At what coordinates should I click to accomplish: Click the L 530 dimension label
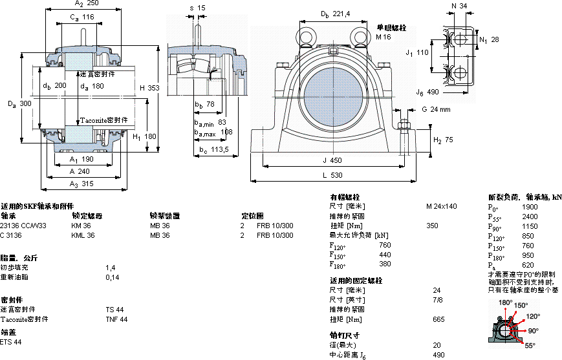tap(332, 175)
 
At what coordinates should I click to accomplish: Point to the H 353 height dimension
tap(149, 87)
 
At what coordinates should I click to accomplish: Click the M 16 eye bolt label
tap(384, 37)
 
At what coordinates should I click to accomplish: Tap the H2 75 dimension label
tap(443, 140)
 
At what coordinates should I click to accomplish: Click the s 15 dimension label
tap(197, 8)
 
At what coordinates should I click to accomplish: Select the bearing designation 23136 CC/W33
tap(23, 226)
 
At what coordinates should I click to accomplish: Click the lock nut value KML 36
tap(83, 235)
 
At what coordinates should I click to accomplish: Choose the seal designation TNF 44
tap(116, 319)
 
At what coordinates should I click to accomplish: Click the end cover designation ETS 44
tap(11, 342)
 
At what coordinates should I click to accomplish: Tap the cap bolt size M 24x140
tap(441, 206)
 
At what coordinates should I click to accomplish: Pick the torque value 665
tap(438, 319)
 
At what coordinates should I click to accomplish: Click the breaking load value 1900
tap(530, 207)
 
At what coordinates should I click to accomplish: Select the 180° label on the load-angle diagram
tap(505, 302)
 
